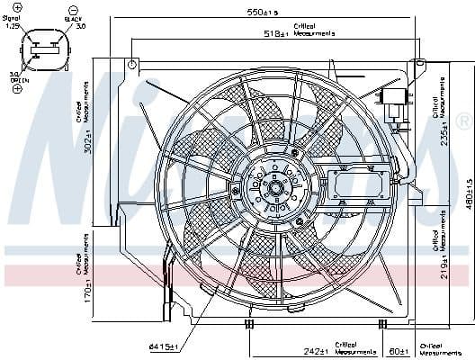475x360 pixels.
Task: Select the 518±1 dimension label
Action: point(276,32)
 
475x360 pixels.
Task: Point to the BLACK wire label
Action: point(73,17)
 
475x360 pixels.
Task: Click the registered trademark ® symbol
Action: point(462,121)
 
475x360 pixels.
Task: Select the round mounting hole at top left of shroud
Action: point(132,65)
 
